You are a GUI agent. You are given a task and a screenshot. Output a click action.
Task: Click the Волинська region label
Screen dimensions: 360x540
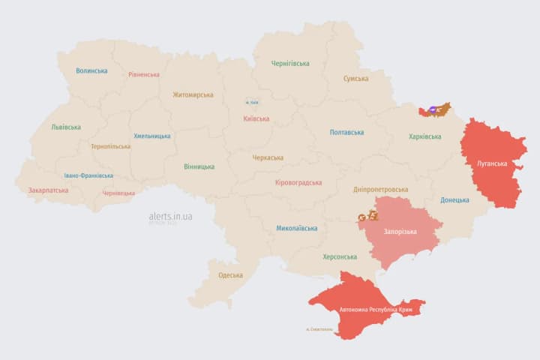pos(91,71)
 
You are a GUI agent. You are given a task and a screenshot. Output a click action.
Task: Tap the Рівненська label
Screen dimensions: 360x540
pos(144,75)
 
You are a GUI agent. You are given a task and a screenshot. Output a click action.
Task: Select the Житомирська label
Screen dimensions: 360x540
pos(193,95)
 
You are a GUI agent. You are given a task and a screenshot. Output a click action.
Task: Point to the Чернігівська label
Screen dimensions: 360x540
pos(290,64)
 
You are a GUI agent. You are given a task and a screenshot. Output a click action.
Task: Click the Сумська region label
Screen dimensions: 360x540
pos(355,79)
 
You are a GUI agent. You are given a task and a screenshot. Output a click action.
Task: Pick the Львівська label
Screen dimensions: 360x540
pos(66,127)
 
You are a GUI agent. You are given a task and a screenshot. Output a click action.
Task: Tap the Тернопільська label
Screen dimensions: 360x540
pos(110,147)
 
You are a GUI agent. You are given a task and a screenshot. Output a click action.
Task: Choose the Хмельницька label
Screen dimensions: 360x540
pos(152,136)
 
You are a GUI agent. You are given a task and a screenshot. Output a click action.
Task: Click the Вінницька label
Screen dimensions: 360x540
pos(199,166)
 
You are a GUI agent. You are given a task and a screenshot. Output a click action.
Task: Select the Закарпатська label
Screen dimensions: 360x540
pos(48,190)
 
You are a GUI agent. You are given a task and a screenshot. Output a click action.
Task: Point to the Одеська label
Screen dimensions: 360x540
pos(230,275)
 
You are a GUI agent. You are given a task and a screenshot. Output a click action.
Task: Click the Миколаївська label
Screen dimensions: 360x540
pos(296,228)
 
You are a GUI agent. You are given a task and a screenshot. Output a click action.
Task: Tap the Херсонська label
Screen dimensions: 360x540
pos(340,256)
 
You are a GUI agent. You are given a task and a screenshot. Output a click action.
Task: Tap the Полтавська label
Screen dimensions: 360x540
pos(347,133)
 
